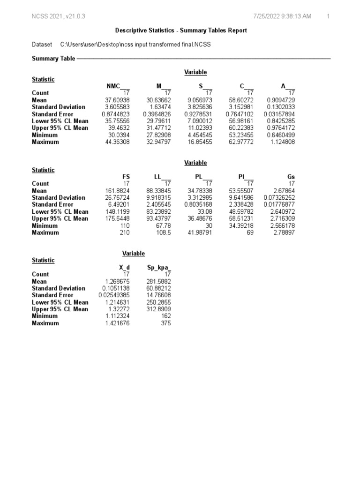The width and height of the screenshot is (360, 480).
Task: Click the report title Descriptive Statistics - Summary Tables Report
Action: pyautogui.click(x=181, y=30)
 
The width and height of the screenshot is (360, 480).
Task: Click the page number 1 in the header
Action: pyautogui.click(x=329, y=17)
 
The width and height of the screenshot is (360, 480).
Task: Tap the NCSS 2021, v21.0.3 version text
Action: pyautogui.click(x=58, y=17)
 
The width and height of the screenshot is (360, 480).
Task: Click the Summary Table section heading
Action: pyautogui.click(x=53, y=59)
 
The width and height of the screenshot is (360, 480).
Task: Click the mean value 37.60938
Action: pyautogui.click(x=116, y=100)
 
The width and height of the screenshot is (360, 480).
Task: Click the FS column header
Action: pyautogui.click(x=125, y=177)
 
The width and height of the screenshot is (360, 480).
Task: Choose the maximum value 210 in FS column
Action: pyautogui.click(x=125, y=232)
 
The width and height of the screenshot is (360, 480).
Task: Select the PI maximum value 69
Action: pyautogui.click(x=249, y=232)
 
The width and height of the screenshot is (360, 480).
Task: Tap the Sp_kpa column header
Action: pyautogui.click(x=159, y=267)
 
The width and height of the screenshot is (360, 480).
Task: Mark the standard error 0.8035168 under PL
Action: pyautogui.click(x=198, y=204)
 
